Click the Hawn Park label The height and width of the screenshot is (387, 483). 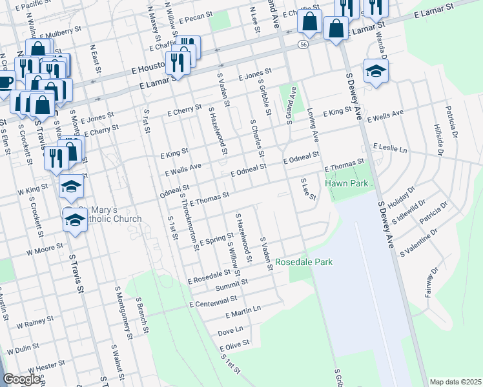coord(351,184)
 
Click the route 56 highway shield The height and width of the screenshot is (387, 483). coord(303,44)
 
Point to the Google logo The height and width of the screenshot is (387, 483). coord(21,379)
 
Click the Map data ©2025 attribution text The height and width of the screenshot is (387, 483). coord(455,382)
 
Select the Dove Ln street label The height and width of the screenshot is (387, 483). coord(230,331)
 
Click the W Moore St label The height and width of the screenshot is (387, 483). coord(45,246)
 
